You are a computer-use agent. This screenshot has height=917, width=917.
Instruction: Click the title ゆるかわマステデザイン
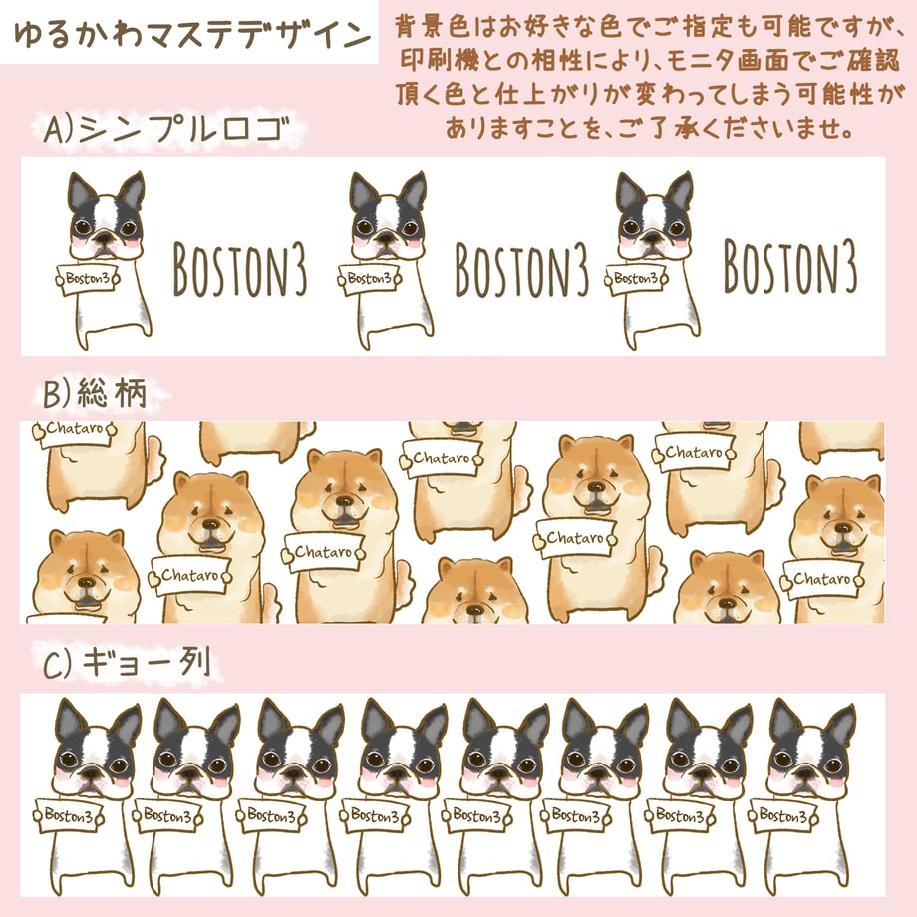coord(191,34)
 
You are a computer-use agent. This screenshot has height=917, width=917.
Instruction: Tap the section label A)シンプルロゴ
coord(167,129)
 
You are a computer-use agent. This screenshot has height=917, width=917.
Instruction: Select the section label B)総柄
coord(95,393)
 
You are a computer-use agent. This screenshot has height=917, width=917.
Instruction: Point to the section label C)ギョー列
coord(127,664)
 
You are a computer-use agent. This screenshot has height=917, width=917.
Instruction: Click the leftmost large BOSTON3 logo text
coord(240,269)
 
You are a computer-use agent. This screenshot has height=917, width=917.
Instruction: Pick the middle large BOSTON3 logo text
coord(521,269)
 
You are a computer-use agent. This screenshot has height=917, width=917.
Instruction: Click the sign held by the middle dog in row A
coord(369,279)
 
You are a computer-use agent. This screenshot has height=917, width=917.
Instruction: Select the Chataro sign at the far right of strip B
coord(821,579)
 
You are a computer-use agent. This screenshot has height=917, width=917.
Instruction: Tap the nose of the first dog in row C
coord(91,774)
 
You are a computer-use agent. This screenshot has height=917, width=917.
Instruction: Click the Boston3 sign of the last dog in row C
coord(783,815)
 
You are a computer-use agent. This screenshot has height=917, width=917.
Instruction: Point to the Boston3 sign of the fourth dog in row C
coord(375,815)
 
